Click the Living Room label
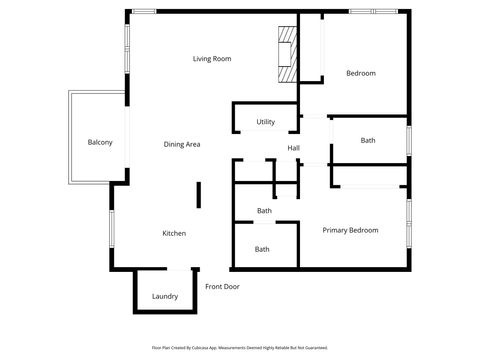pos(212,59)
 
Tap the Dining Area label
pos(182,145)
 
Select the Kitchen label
pos(174,234)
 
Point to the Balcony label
pos(100,142)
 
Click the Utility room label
pos(265,122)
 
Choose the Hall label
pos(294,149)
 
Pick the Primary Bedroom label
pos(350,231)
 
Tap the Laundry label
pos(165,297)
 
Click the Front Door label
pos(222,287)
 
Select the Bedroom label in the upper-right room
pos(360,73)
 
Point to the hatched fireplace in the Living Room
pos(288,54)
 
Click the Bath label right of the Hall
pos(368,141)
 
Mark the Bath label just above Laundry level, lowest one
pos(262,249)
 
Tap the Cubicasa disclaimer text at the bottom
pos(240,348)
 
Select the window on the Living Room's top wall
pos(144,11)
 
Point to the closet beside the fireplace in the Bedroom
pos(312,50)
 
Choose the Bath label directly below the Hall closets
pos(264,211)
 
